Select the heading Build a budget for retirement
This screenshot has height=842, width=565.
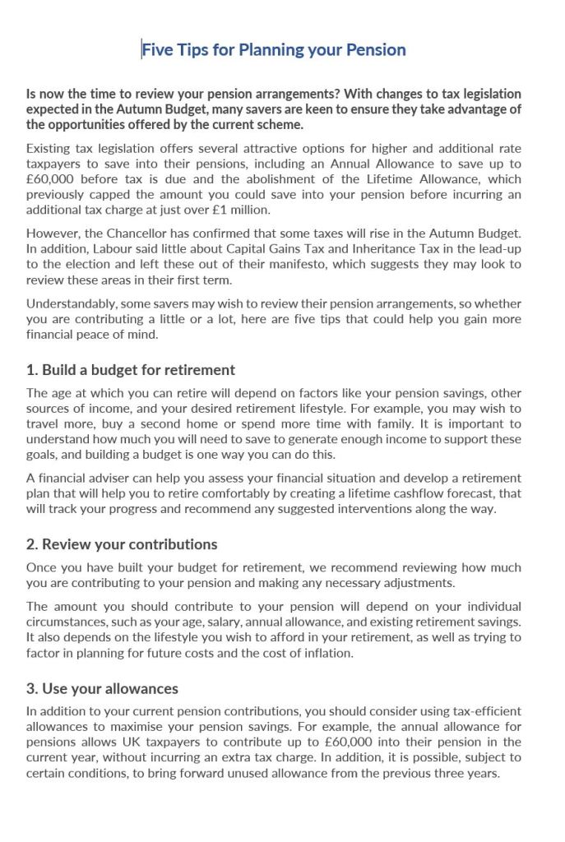click(x=131, y=369)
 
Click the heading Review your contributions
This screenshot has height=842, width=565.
click(x=122, y=544)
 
